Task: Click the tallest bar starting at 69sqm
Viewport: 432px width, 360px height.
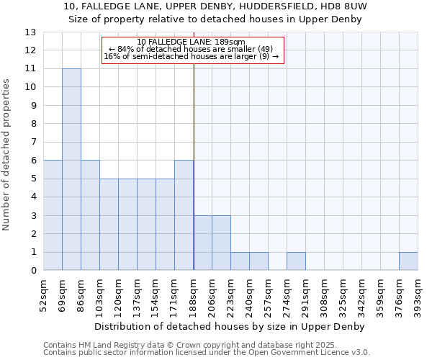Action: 71,169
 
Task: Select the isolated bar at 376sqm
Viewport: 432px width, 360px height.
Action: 408,261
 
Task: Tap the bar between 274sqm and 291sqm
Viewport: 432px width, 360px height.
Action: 296,261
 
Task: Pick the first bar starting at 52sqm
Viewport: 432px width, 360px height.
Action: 53,215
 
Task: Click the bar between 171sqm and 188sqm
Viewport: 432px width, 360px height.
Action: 184,215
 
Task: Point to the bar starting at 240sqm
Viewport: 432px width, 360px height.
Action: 258,261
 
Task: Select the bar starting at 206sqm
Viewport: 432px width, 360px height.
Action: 221,243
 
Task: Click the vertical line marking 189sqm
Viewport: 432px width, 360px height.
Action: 194,166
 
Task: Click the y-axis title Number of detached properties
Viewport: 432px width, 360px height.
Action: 7,155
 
